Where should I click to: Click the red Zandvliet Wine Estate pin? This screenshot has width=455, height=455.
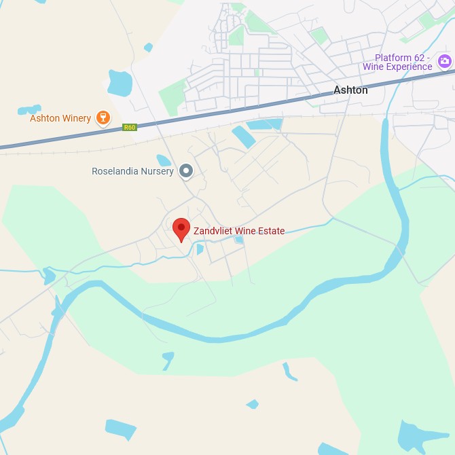(x=181, y=229)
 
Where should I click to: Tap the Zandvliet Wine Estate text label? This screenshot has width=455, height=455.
(x=239, y=231)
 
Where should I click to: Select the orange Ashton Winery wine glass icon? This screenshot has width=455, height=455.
(x=103, y=118)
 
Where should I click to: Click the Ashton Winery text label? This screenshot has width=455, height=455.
(x=60, y=118)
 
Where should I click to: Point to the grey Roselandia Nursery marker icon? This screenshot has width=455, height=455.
(x=186, y=171)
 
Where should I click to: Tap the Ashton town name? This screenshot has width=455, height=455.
(x=350, y=90)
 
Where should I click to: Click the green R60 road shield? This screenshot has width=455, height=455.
(x=130, y=127)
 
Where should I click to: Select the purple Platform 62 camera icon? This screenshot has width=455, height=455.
(x=445, y=62)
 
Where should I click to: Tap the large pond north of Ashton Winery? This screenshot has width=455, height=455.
(x=120, y=83)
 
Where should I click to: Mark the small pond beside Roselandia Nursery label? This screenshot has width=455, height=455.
(x=164, y=160)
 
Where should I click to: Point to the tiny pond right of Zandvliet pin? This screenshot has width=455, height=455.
(x=199, y=249)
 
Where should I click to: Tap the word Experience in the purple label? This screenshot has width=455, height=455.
(x=408, y=67)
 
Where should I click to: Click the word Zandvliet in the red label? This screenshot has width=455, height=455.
(x=215, y=231)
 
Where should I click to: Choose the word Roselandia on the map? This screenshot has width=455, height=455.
(x=115, y=172)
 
